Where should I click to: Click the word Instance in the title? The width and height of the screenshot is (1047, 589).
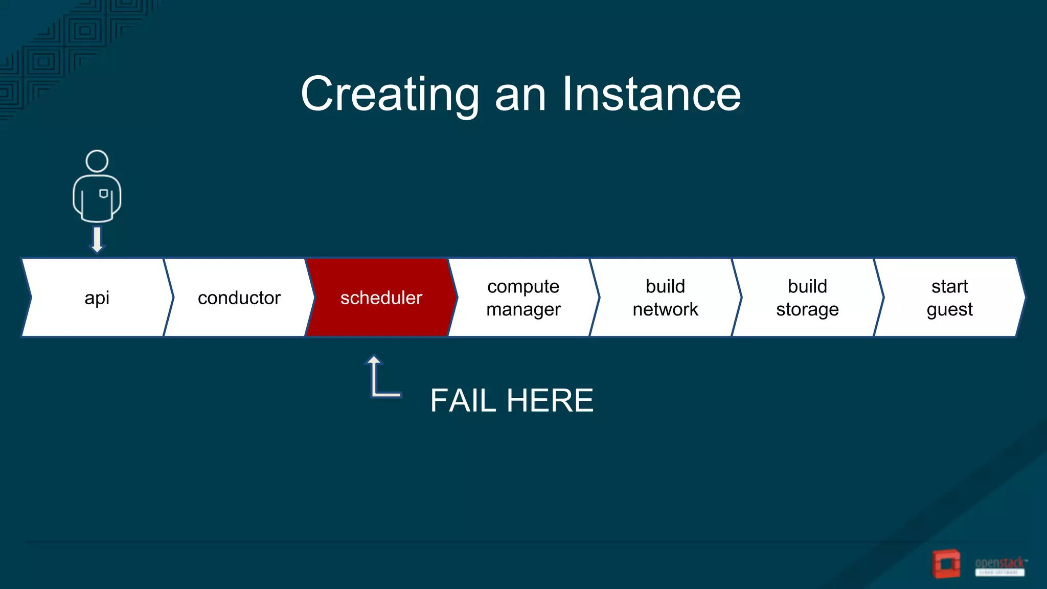[651, 94]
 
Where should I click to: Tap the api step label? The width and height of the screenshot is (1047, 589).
[97, 298]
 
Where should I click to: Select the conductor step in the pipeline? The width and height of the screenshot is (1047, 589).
[239, 298]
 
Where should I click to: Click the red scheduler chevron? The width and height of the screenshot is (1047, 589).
[381, 298]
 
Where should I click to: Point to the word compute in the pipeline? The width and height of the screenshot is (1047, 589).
[523, 286]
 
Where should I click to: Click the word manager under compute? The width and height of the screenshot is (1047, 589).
[523, 309]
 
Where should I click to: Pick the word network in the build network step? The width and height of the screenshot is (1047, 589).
[665, 309]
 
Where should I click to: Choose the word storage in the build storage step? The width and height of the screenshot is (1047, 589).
[807, 309]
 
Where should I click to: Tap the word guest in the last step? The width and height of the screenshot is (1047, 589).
[949, 309]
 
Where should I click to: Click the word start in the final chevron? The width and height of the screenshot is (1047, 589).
[949, 286]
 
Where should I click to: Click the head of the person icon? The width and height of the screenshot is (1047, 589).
[97, 161]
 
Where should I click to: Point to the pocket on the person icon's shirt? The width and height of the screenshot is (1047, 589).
[104, 194]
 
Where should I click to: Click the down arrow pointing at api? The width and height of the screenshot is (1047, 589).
[97, 239]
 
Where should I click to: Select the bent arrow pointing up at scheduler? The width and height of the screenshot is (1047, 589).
[381, 378]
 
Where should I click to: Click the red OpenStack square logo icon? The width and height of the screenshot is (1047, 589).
[946, 563]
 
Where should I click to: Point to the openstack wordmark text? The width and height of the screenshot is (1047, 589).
[999, 563]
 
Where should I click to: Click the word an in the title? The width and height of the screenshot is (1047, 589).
[520, 94]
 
